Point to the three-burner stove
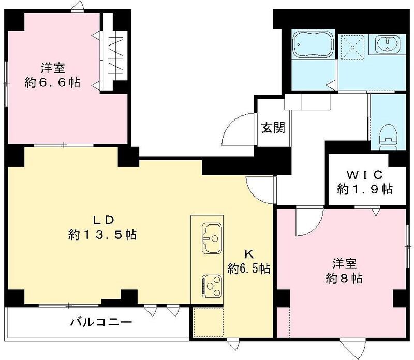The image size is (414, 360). click(x=210, y=284)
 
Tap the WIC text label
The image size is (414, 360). click(x=361, y=173)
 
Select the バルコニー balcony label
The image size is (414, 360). click(x=101, y=322)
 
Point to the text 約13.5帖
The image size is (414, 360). click(x=102, y=235)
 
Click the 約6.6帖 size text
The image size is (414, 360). click(x=52, y=83)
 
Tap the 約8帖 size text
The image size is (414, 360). click(x=344, y=278)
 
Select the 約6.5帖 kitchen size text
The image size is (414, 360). click(x=249, y=268)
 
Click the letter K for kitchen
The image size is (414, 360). click(x=248, y=254)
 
